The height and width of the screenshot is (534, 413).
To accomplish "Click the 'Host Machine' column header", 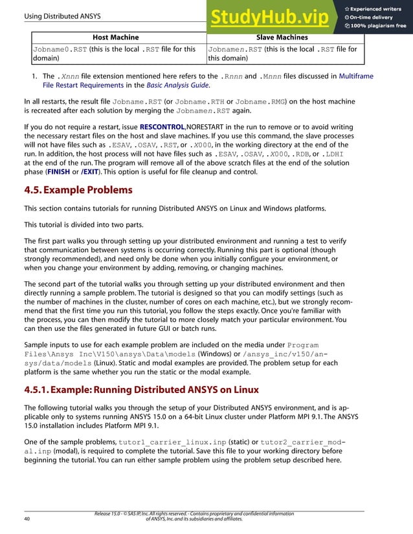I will point(116,37).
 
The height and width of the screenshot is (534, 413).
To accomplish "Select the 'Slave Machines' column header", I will point(282,37).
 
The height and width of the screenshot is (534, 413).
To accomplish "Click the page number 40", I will point(27,518).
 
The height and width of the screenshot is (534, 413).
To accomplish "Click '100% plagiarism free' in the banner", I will point(379,26).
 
